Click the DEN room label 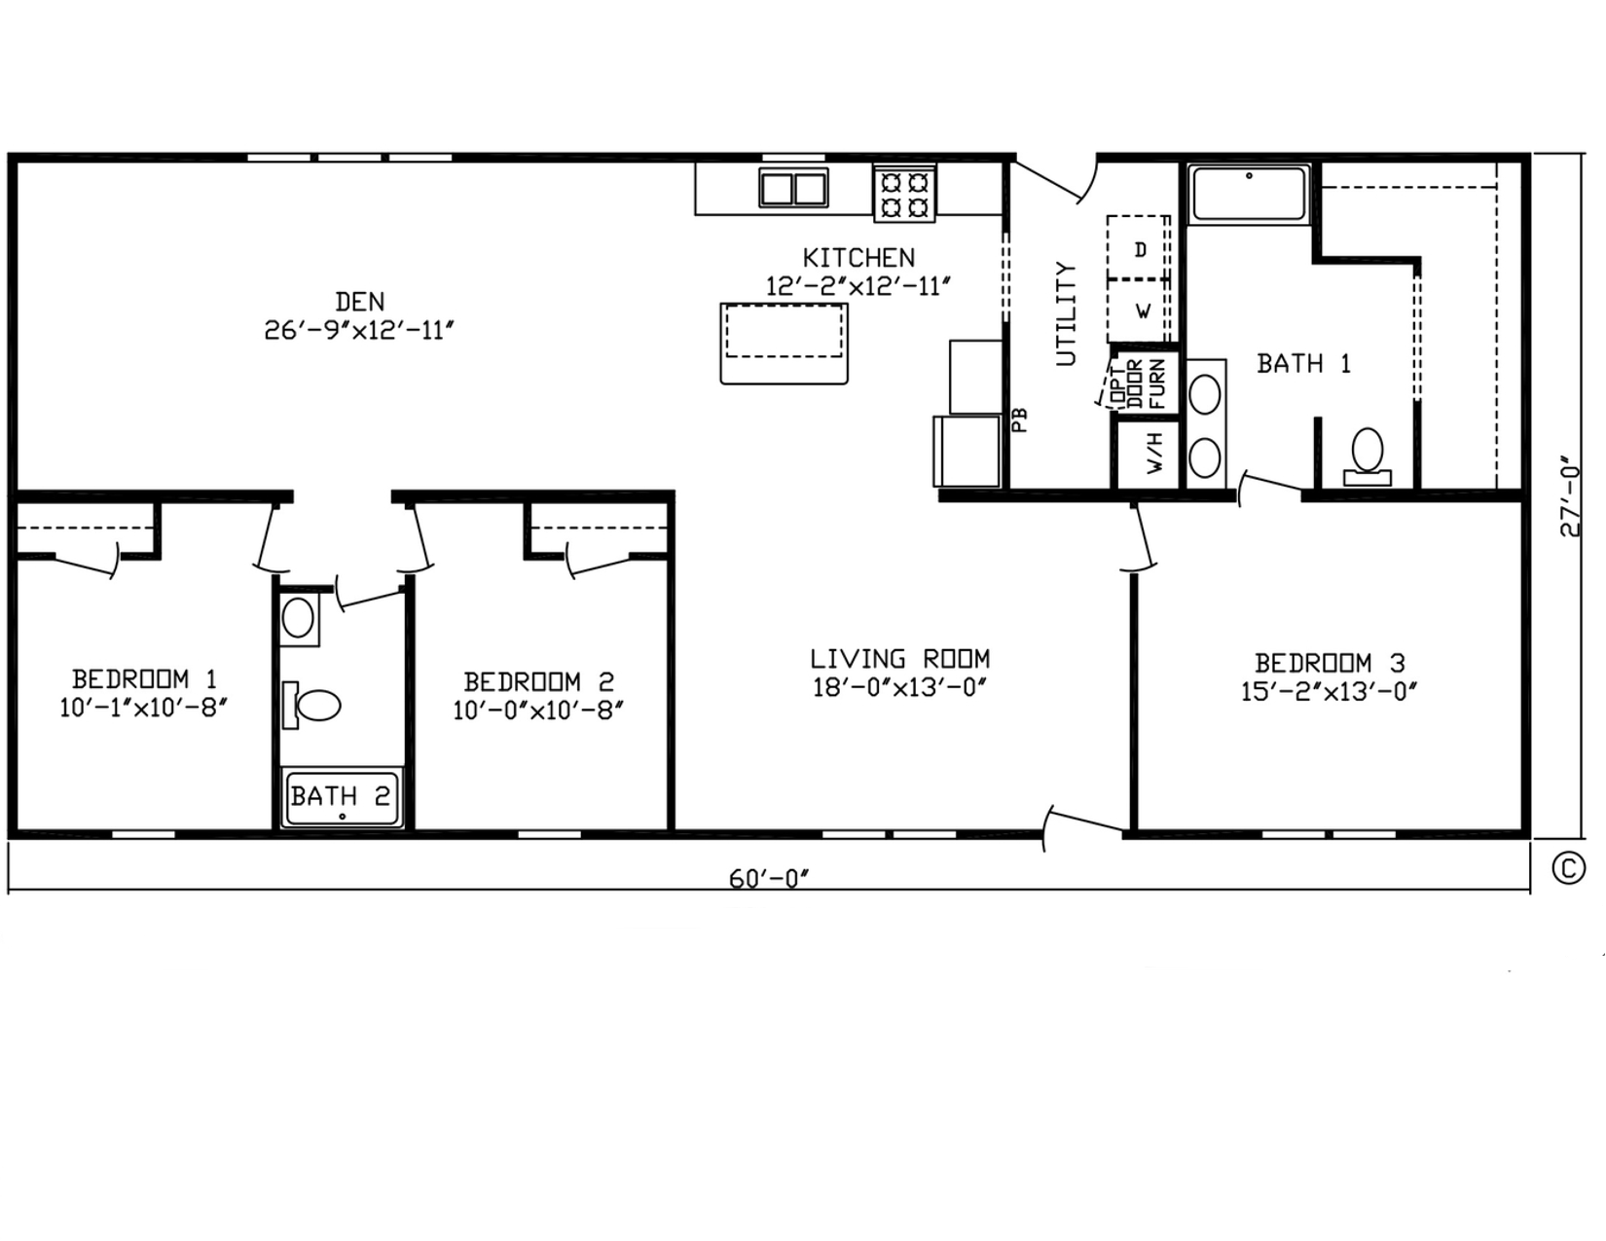tap(360, 302)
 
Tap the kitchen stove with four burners tap(904, 194)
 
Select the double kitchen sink tap(794, 188)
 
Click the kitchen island tap(785, 343)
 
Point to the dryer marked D tap(1138, 248)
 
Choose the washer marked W tap(1138, 311)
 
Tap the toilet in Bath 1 tap(1368, 456)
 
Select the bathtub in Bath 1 tap(1249, 194)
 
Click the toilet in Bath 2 tap(311, 705)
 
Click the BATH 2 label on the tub tap(341, 795)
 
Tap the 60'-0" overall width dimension tap(769, 879)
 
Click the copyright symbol tap(1568, 868)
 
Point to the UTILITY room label tap(1066, 313)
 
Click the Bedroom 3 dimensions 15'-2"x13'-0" tap(1329, 692)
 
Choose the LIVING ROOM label tap(899, 658)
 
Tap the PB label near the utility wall tap(1020, 420)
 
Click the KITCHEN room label tap(858, 257)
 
